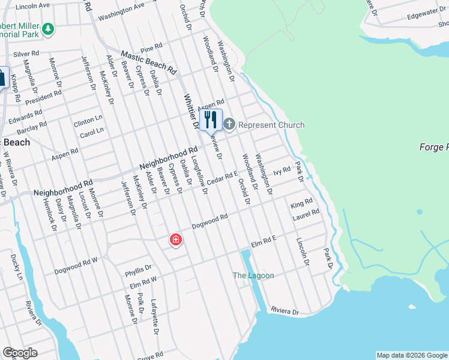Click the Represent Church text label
tap(271, 125)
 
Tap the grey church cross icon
tap(229, 124)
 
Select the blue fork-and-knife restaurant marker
tap(211, 119)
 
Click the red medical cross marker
tap(176, 240)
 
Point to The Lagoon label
tap(253, 275)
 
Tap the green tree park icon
tap(47, 28)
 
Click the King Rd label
tap(301, 204)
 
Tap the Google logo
tap(20, 353)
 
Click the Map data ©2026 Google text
tap(412, 355)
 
